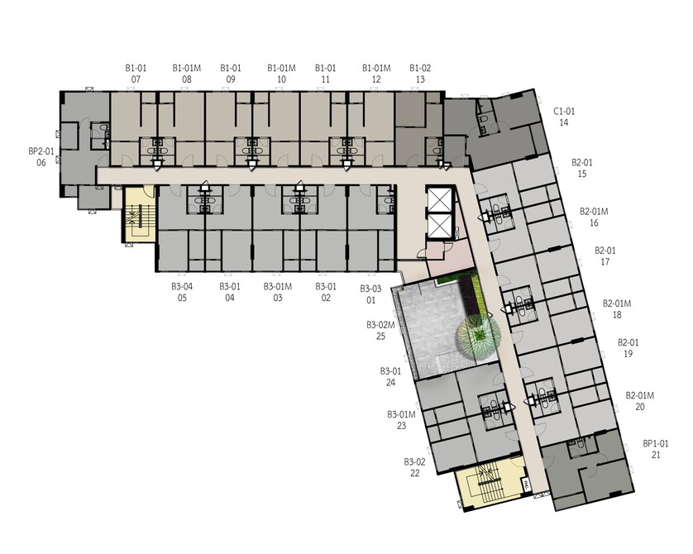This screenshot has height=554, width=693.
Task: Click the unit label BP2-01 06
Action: tap(41, 157)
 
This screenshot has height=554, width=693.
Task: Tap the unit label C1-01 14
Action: tap(564, 117)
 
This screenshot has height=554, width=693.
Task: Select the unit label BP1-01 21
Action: tap(656, 449)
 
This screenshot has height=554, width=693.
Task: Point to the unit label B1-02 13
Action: tap(420, 74)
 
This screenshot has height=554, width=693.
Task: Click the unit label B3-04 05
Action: tap(182, 292)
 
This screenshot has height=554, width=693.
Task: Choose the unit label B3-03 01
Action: tap(370, 294)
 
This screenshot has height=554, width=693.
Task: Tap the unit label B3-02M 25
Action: tap(380, 331)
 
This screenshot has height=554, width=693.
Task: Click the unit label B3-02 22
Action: tap(414, 467)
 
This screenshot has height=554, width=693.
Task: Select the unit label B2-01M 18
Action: tap(617, 308)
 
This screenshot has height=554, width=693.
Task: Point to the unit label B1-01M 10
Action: tap(281, 74)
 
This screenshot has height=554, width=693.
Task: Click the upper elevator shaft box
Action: tap(440, 199)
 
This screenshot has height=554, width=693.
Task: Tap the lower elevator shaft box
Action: tap(440, 227)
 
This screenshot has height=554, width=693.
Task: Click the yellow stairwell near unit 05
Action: tap(139, 214)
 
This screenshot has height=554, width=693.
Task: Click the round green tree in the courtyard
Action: tap(479, 335)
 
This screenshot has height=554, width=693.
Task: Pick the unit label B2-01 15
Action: tap(582, 168)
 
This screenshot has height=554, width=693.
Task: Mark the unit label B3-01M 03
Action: tap(278, 292)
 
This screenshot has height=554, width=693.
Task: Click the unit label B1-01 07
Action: tap(136, 74)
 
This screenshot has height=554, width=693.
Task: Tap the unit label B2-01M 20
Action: tap(639, 401)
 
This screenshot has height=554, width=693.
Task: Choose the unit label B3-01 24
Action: tap(390, 377)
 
